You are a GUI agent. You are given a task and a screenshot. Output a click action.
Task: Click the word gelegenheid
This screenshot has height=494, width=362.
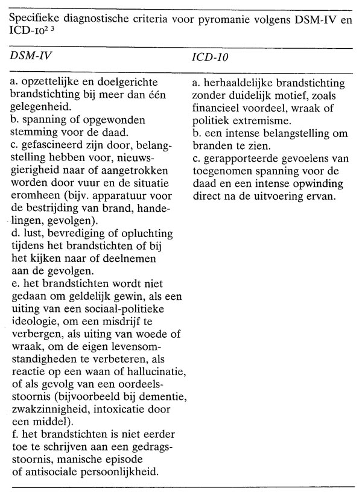point(39,106)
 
